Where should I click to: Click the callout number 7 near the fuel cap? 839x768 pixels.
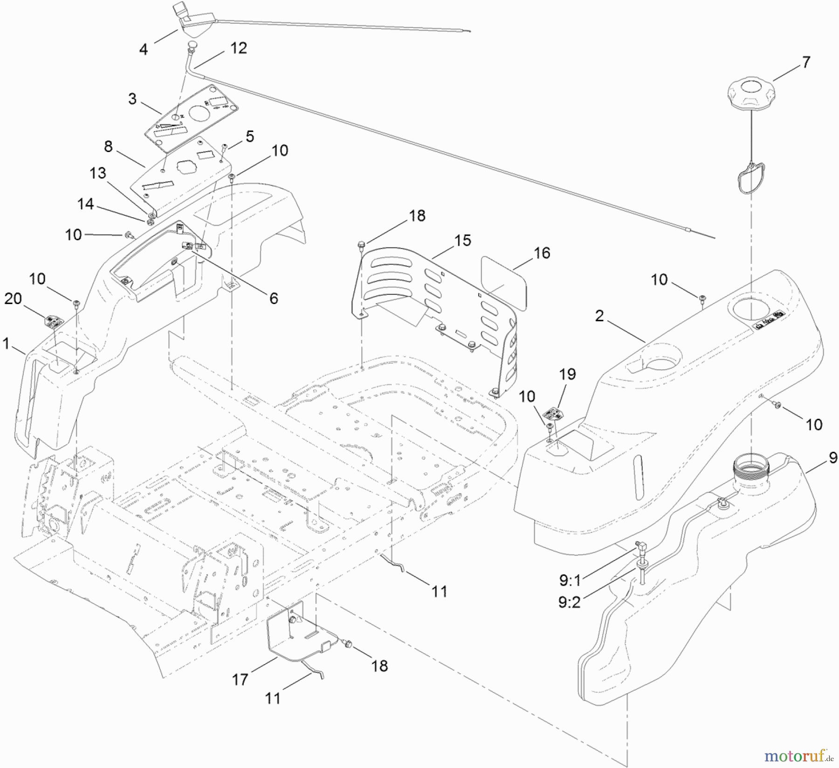[805, 62]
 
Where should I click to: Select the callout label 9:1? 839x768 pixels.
[570, 580]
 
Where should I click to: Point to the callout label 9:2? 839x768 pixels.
[570, 602]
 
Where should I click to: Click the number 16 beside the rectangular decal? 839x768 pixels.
[542, 253]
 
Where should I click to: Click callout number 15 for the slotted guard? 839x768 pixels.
[463, 241]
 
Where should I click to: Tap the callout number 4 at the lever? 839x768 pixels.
[144, 49]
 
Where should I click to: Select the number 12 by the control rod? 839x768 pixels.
[239, 48]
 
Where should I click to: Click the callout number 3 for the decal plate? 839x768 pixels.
[132, 99]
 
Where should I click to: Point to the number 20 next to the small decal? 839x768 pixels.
[13, 298]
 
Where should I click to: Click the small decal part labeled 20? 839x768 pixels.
[54, 321]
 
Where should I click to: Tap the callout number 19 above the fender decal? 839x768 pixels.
[567, 374]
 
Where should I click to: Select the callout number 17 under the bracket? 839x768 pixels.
[240, 680]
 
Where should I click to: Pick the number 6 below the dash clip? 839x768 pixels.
[274, 298]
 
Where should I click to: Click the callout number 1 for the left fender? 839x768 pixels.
[6, 344]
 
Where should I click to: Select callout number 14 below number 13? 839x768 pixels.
[85, 204]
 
